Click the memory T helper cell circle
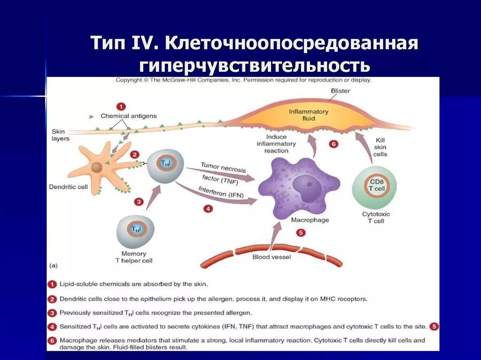[135, 231]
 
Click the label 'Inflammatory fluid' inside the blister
[308, 115]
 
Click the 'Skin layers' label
[60, 135]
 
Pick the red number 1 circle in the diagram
[121, 106]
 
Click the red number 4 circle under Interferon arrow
[208, 209]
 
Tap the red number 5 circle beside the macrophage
[301, 233]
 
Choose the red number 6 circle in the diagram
[334, 144]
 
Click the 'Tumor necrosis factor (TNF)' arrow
[221, 173]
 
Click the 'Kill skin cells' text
[380, 147]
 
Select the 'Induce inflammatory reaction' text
[276, 144]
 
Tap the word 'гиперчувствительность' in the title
[254, 66]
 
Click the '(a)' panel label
[54, 265]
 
